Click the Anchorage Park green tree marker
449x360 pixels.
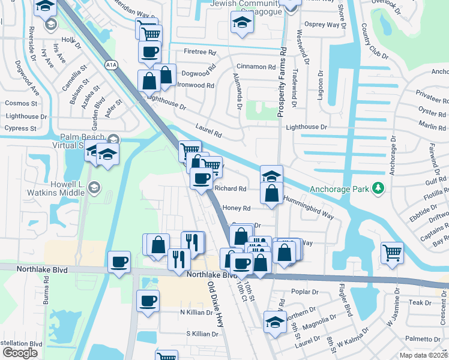[x=378, y=188]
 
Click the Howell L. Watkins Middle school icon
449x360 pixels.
[x=94, y=188]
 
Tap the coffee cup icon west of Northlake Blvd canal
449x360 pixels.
[x=119, y=262]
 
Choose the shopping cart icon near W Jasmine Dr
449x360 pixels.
[x=391, y=252]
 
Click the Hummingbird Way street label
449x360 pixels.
[x=308, y=206]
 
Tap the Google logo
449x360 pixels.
[x=20, y=353]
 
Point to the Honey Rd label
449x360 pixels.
[x=236, y=208]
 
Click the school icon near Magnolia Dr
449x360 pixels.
[x=275, y=321]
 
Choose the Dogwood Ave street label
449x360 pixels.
[x=28, y=78]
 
